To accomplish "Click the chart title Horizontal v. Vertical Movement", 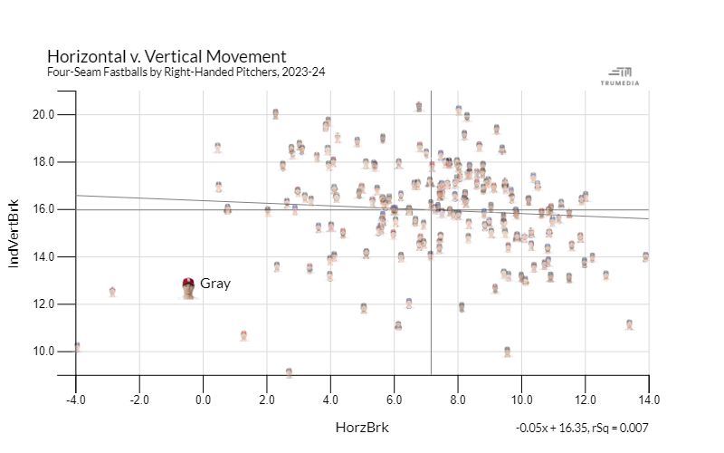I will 167,56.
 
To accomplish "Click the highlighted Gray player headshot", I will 188,287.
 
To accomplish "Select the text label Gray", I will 215,284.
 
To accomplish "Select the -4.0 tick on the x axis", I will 75,399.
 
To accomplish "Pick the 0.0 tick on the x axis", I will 203,399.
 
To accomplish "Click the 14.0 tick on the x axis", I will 648,399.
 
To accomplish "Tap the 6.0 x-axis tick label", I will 394,399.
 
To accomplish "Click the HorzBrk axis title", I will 362,427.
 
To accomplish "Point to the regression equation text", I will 582,428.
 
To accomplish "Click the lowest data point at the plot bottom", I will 289,372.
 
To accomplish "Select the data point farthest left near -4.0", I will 77,346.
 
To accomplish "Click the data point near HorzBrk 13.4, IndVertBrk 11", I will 629,323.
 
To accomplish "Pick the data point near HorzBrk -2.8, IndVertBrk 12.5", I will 112,292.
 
